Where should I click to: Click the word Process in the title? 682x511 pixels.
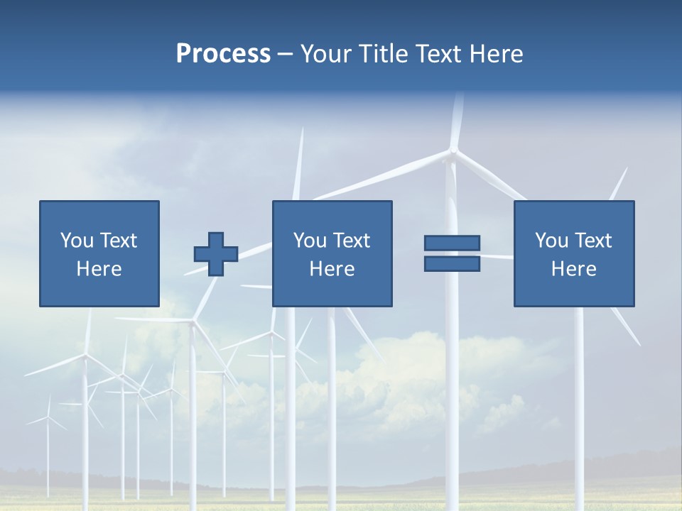[223, 54]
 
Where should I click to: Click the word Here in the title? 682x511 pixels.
[497, 54]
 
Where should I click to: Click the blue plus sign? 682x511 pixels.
[216, 253]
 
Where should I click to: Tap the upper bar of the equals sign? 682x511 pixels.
[452, 243]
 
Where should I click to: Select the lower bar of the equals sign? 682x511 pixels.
[452, 263]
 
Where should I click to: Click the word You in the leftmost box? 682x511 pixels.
[76, 241]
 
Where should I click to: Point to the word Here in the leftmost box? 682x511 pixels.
[99, 269]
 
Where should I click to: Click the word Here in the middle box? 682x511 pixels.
[332, 269]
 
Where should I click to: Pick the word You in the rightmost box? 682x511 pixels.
[551, 241]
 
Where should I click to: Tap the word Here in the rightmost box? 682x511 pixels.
[574, 269]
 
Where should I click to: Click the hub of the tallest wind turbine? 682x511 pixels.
[453, 150]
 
